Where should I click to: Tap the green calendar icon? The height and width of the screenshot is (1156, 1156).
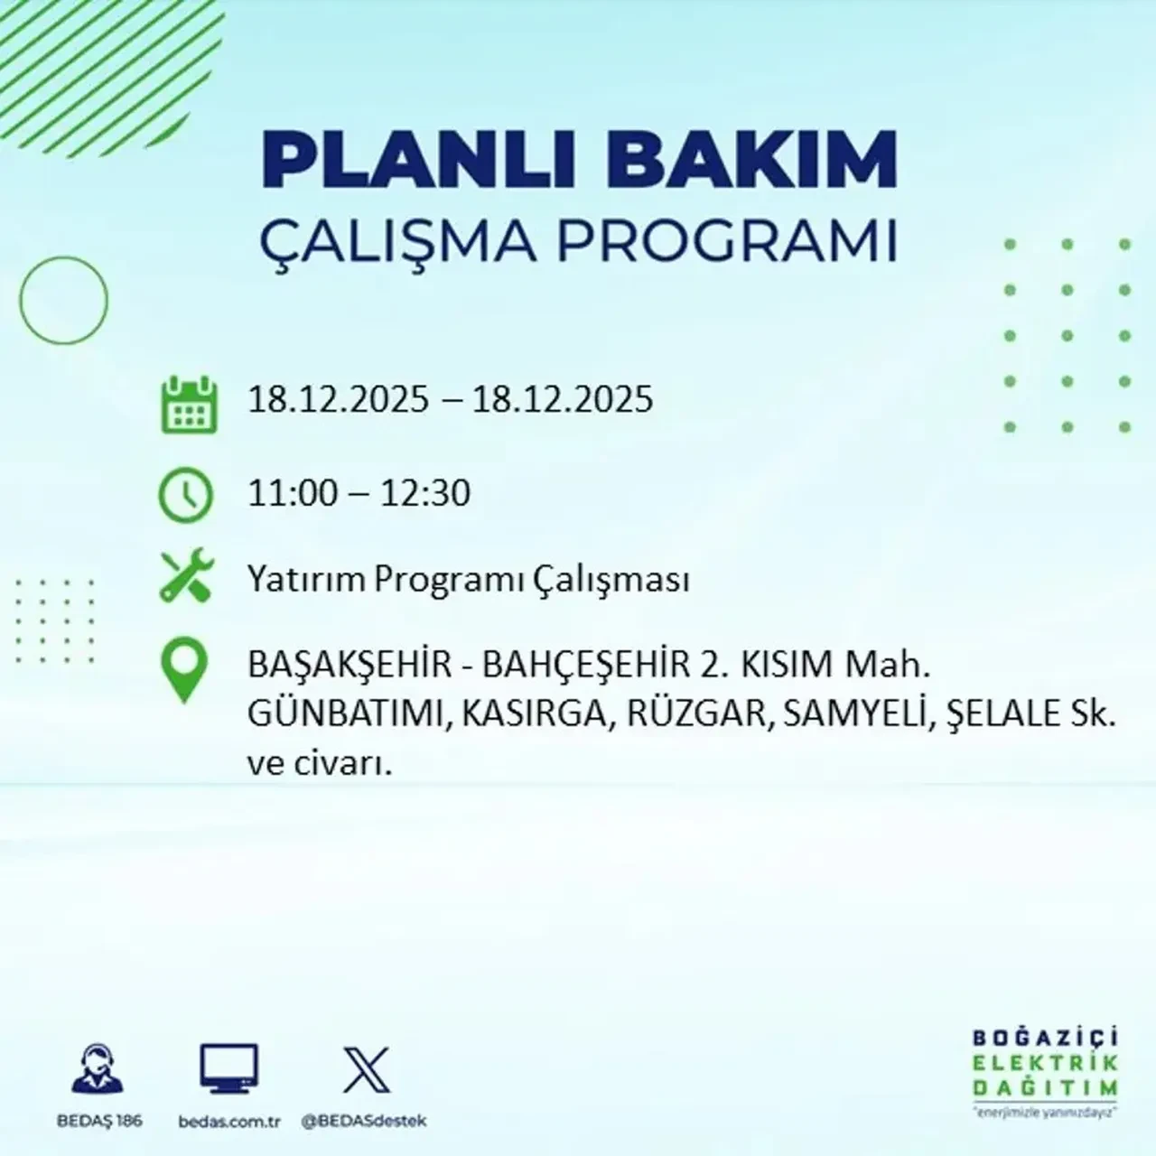tap(189, 405)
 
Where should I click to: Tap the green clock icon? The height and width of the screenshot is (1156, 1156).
tap(186, 495)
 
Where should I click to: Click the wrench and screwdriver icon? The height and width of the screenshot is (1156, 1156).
tap(186, 577)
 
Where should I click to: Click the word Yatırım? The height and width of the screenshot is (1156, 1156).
tap(306, 579)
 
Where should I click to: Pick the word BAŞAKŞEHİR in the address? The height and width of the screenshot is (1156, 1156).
tap(350, 667)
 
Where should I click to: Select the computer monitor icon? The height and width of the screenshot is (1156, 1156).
tap(228, 1068)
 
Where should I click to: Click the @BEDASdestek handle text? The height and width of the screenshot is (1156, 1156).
tap(363, 1121)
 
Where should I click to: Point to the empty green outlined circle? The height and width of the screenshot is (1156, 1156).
tap(63, 300)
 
